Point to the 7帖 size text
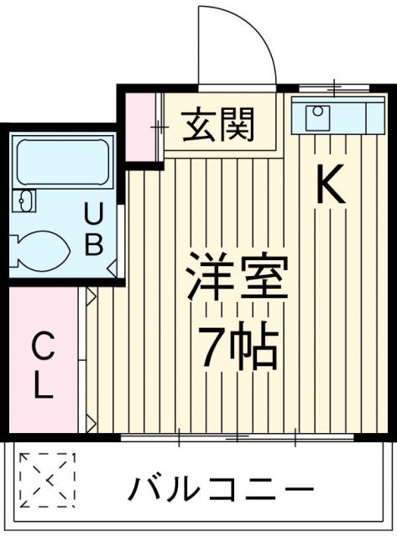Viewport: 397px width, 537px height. [238, 347]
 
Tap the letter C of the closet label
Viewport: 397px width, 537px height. [44, 344]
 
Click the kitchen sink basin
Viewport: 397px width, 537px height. [318, 118]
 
